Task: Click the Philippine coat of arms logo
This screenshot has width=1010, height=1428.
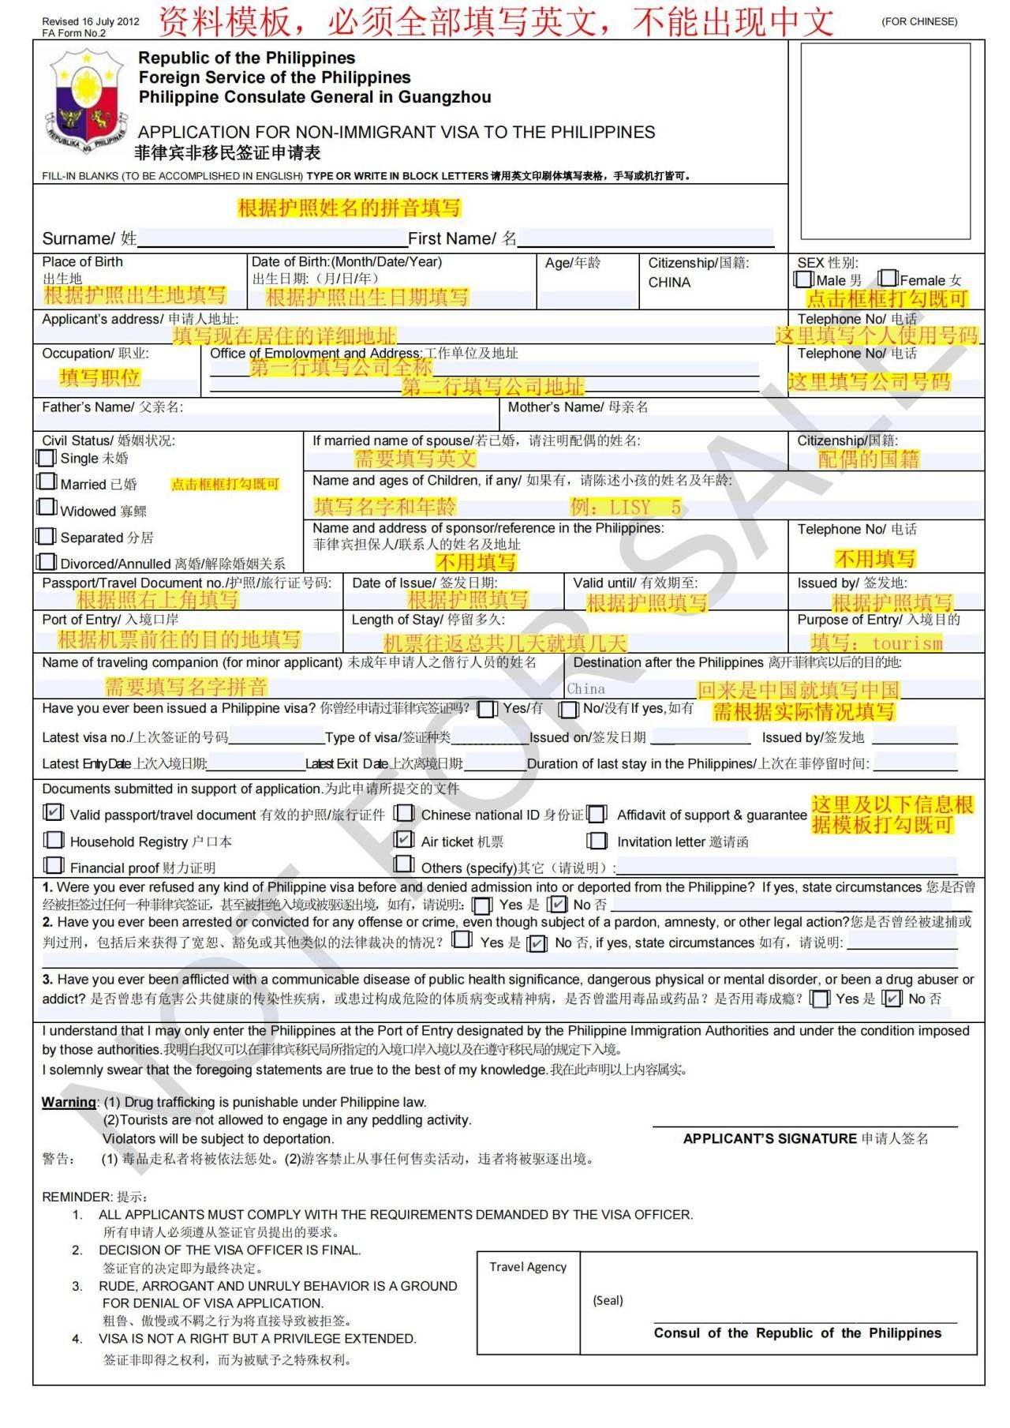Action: [86, 101]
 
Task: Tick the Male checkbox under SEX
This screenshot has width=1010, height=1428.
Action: [804, 279]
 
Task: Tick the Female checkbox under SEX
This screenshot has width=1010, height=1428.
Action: [888, 279]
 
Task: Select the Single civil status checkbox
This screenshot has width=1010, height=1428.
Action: [47, 458]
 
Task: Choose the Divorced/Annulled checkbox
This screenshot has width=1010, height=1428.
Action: [47, 562]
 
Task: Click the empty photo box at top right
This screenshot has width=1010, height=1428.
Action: [885, 141]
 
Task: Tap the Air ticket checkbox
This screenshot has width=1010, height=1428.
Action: [404, 839]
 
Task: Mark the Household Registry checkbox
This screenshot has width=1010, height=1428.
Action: [54, 840]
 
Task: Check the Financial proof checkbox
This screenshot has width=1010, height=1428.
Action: [54, 866]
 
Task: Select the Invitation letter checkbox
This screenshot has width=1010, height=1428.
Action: [597, 841]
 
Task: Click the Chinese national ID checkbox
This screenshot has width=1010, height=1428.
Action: [405, 813]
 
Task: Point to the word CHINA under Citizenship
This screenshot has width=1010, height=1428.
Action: [669, 283]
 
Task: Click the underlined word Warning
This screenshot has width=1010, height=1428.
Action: [69, 1102]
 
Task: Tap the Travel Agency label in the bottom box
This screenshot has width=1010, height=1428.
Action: [528, 1267]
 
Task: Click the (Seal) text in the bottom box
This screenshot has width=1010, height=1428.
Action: [608, 1300]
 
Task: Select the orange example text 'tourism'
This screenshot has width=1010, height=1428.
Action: [907, 643]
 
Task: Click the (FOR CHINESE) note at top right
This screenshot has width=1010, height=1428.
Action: [919, 21]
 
